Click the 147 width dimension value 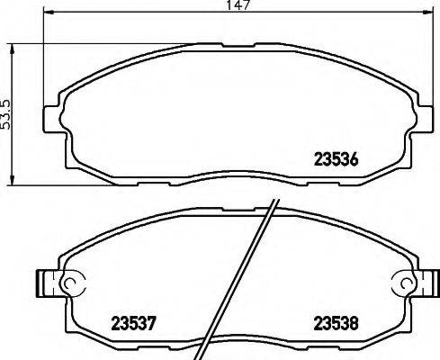click(x=237, y=5)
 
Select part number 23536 click(x=335, y=163)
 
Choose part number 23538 click(x=337, y=321)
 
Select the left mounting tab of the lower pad click(x=46, y=283)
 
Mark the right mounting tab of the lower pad click(x=427, y=283)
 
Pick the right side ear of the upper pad click(x=423, y=119)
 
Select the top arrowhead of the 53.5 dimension click(x=11, y=47)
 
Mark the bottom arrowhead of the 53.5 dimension click(x=11, y=181)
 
